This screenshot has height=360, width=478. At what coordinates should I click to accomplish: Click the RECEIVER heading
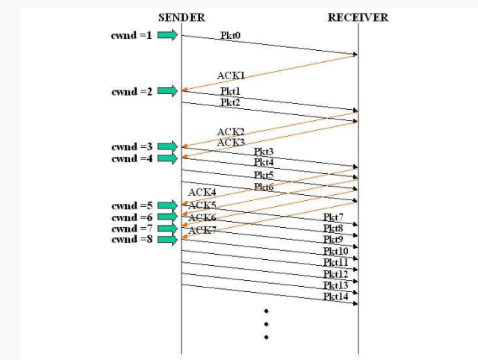(x=358, y=17)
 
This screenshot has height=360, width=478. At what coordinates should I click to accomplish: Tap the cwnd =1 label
(x=132, y=34)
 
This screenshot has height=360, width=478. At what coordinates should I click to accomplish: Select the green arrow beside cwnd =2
(x=168, y=91)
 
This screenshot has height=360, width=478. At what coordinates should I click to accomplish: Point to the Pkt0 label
(x=230, y=35)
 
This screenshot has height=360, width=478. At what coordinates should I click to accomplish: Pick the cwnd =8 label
(x=132, y=240)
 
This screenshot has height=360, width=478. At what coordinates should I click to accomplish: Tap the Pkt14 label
(x=335, y=297)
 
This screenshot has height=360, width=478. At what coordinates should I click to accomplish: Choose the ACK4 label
(x=202, y=193)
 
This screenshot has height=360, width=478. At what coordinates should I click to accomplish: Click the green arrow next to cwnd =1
(x=168, y=34)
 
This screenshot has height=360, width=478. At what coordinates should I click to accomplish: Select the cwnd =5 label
(x=132, y=205)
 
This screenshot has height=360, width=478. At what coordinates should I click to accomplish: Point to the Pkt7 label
(x=333, y=217)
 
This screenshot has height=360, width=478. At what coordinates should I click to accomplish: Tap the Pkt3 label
(x=264, y=152)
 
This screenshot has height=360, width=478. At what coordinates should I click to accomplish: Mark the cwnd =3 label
(x=132, y=146)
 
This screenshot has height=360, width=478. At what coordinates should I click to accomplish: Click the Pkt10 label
(x=335, y=251)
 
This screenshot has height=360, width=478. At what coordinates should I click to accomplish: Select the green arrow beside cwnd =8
(x=168, y=240)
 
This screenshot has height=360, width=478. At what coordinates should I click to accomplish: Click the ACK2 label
(x=230, y=131)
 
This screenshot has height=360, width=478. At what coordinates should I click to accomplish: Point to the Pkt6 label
(x=264, y=186)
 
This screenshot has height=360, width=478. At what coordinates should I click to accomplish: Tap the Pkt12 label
(x=335, y=274)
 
